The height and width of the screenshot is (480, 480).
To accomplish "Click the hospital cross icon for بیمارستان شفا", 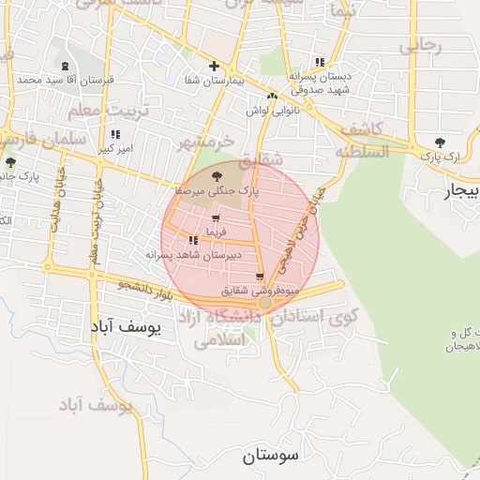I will (215, 67).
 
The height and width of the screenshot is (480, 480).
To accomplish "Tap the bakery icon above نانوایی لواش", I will (272, 96).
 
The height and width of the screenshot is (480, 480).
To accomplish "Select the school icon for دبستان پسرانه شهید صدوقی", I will (322, 62).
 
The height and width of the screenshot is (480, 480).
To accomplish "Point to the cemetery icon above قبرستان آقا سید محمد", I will (65, 67).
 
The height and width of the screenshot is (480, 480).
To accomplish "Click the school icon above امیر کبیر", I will (115, 135).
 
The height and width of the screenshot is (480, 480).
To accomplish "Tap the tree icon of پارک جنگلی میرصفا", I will (217, 175).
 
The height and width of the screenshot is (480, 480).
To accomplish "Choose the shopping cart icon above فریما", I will (217, 218).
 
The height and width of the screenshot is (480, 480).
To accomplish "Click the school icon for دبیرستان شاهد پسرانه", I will (193, 241).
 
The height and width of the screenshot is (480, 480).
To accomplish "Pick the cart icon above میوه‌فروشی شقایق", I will (260, 277).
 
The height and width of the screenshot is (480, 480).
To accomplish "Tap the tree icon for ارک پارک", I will (440, 142).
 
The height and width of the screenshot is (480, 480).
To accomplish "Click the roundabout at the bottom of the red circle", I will (266, 303).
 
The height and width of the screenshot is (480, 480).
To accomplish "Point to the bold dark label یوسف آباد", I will (126, 326).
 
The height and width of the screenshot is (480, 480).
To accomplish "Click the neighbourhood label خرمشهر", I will (202, 143).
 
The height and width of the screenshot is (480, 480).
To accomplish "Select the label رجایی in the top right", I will (421, 45).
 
